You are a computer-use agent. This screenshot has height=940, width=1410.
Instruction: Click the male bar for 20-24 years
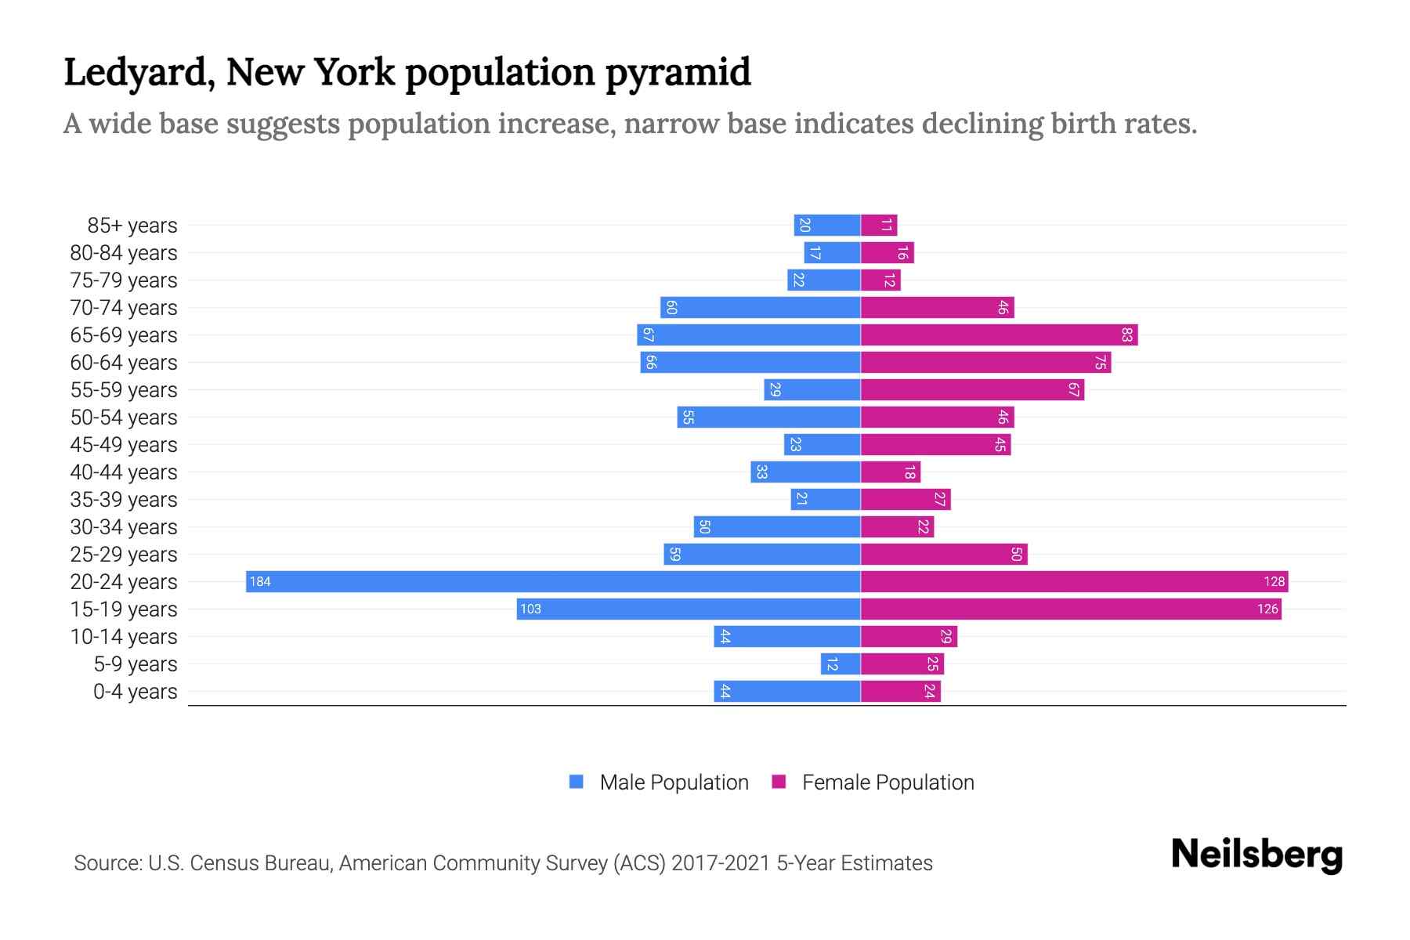(553, 581)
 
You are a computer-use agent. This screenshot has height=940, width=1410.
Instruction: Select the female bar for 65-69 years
(999, 335)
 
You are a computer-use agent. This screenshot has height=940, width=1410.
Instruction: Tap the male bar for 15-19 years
(689, 609)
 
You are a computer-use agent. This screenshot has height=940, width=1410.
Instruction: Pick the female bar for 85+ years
(879, 226)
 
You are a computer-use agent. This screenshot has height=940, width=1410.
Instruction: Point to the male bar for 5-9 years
(841, 663)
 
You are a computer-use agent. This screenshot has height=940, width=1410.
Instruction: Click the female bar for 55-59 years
(972, 389)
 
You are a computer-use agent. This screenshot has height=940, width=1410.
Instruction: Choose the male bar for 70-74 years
(760, 307)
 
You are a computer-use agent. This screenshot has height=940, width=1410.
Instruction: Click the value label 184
(260, 581)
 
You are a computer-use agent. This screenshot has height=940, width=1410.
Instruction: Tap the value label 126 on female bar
(1267, 609)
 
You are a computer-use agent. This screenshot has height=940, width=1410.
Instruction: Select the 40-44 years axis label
(124, 472)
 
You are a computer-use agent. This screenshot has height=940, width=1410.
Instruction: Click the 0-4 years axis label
(135, 692)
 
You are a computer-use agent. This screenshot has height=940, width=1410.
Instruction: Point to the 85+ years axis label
(132, 226)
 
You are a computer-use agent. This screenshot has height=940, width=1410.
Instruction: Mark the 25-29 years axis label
(124, 555)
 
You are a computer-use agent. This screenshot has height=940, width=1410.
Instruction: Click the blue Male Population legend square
(577, 782)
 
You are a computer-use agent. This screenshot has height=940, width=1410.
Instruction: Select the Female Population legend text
(888, 782)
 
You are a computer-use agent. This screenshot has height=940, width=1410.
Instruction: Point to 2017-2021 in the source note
(721, 862)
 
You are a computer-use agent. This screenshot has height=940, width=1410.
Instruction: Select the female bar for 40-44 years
(891, 472)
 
